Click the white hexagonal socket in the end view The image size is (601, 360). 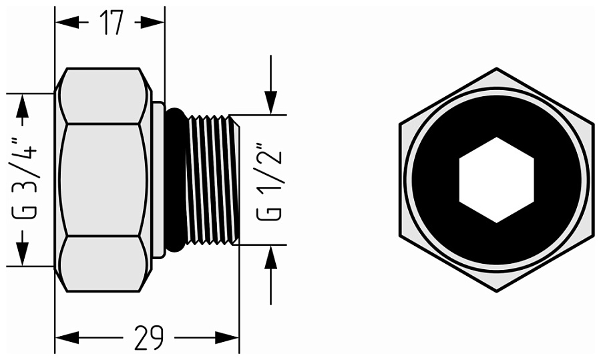(x=496, y=180)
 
